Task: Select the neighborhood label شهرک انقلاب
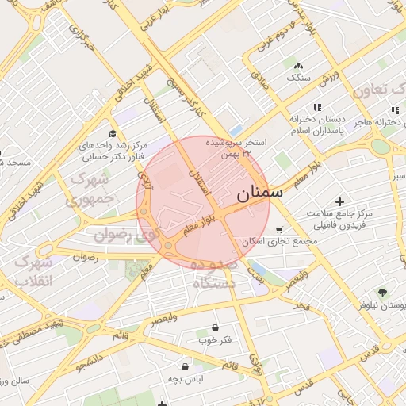tap(33, 271)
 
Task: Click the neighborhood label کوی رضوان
tap(127, 235)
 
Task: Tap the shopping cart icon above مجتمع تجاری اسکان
tap(278, 230)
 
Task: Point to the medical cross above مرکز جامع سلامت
tap(341, 202)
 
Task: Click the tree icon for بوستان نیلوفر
tap(382, 293)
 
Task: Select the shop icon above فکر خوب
tap(216, 327)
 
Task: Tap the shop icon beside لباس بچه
tap(186, 366)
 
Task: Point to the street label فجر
tap(299, 305)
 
